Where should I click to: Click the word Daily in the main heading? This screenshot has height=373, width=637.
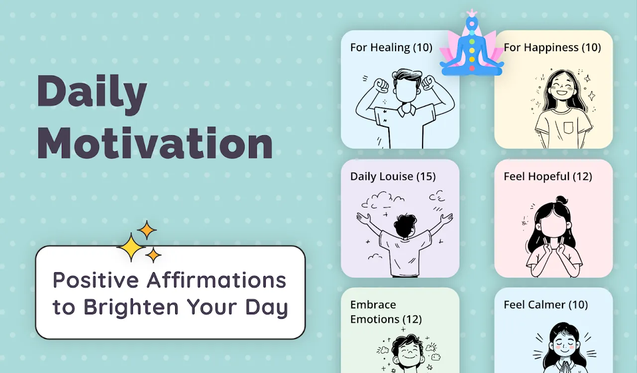click(92, 94)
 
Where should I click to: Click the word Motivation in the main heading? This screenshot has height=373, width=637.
click(155, 143)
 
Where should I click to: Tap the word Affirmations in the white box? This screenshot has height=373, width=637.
click(216, 280)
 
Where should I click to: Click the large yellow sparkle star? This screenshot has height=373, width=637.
click(131, 247)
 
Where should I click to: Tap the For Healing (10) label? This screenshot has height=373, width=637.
click(391, 47)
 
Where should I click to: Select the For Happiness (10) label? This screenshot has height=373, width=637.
click(552, 47)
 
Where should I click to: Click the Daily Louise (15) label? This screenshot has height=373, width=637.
click(393, 177)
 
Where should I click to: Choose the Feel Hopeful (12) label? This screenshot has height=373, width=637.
click(548, 177)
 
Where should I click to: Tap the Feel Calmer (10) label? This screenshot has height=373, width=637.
click(546, 305)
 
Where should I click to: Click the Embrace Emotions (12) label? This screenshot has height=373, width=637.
click(386, 312)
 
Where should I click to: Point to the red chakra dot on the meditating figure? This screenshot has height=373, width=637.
click(472, 68)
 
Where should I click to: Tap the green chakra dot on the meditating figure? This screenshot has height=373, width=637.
click(472, 42)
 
